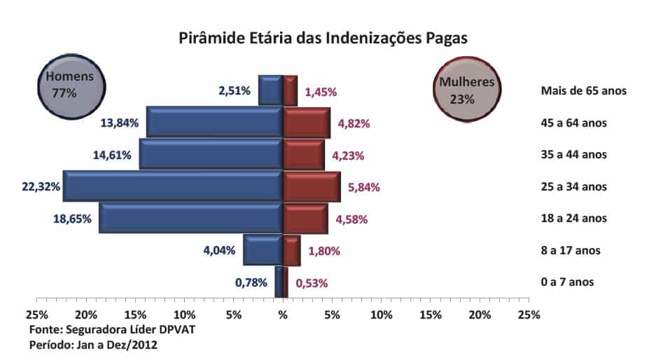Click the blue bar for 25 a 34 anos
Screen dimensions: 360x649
pyautogui.click(x=173, y=186)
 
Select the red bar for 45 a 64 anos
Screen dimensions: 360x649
pyautogui.click(x=306, y=123)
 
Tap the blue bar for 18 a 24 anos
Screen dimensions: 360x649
pyautogui.click(x=190, y=218)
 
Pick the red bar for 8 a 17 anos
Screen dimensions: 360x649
pyautogui.click(x=291, y=250)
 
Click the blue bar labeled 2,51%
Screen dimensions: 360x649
pyautogui.click(x=270, y=90)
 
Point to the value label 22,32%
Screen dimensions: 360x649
pyautogui.click(x=40, y=187)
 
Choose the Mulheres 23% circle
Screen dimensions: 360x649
pyautogui.click(x=466, y=90)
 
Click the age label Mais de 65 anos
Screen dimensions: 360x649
pyautogui.click(x=583, y=91)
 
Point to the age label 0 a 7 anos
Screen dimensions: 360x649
pyautogui.click(x=567, y=282)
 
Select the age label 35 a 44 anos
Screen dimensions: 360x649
pyautogui.click(x=573, y=155)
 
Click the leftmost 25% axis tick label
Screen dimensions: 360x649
pyautogui.click(x=36, y=315)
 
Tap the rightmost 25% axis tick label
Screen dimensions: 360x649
pyautogui.click(x=529, y=315)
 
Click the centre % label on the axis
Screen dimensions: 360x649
pyautogui.click(x=283, y=315)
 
